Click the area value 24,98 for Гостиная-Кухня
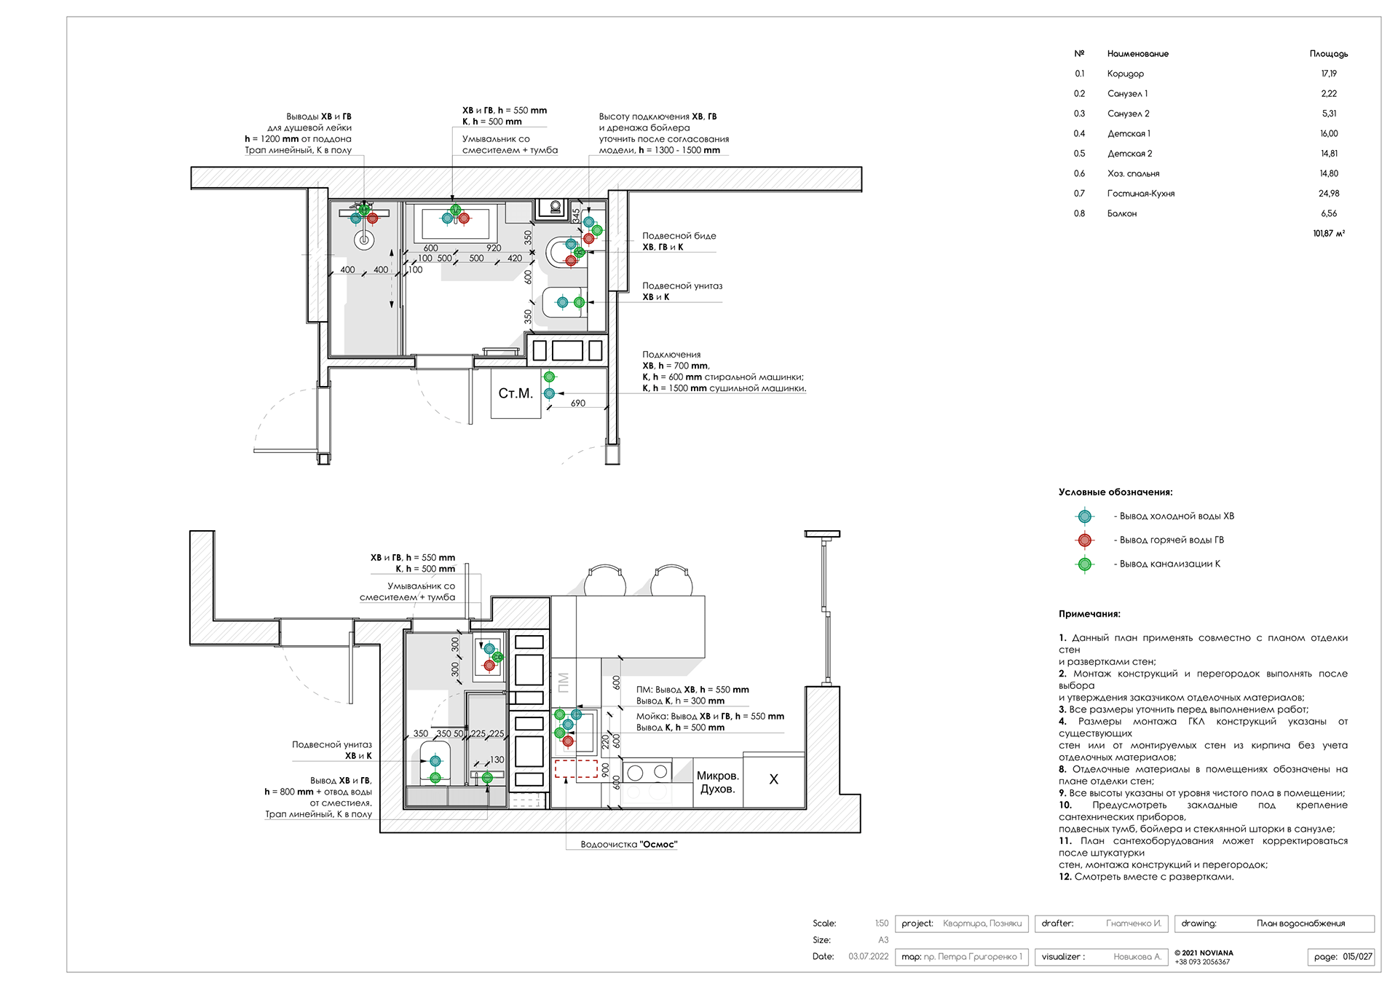1329,194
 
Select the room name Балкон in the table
1121,213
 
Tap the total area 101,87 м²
1329,234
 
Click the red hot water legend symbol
1085,540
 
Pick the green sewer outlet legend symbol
1085,564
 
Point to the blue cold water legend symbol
1085,516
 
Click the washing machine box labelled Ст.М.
516,393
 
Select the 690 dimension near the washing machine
578,403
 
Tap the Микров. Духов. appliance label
718,782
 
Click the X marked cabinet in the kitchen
773,779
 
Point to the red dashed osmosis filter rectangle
576,769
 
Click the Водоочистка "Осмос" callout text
629,845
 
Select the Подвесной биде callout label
679,236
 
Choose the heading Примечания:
1089,614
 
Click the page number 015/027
1357,957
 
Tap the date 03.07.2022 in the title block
868,957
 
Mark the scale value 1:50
882,923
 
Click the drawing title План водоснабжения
1300,923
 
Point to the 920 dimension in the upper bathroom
494,248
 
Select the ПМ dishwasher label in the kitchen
563,682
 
